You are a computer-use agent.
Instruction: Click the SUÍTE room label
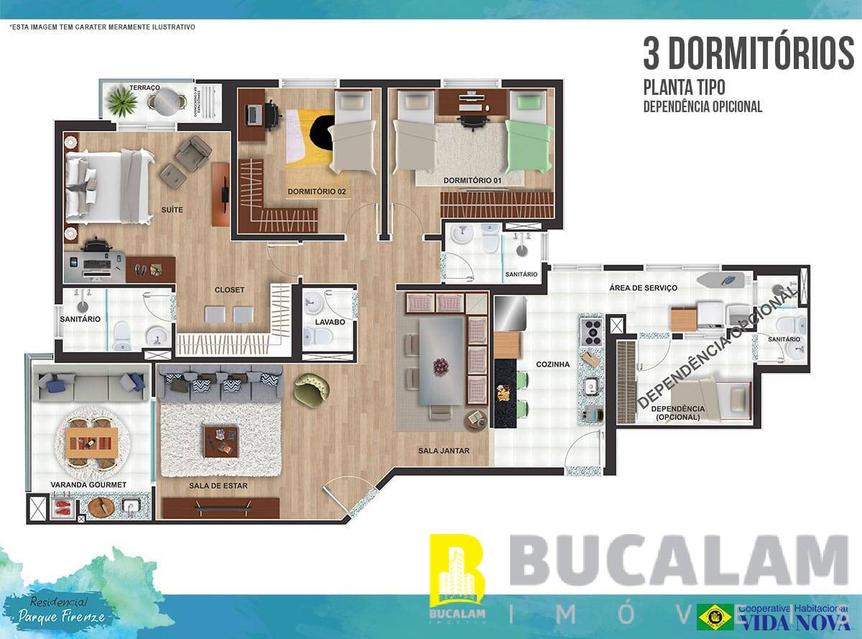(172, 210)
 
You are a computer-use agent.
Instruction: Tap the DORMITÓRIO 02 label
(317, 192)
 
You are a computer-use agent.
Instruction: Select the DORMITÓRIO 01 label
(472, 180)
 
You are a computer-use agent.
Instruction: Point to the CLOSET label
(229, 290)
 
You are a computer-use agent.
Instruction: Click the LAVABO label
(330, 322)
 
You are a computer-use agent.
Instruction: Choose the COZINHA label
(552, 364)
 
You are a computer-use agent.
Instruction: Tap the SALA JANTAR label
(444, 451)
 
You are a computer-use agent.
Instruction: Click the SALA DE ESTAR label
(218, 486)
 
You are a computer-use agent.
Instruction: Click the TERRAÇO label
(144, 87)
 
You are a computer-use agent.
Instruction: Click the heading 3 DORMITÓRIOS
(748, 53)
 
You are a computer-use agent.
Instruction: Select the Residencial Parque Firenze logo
(62, 610)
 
